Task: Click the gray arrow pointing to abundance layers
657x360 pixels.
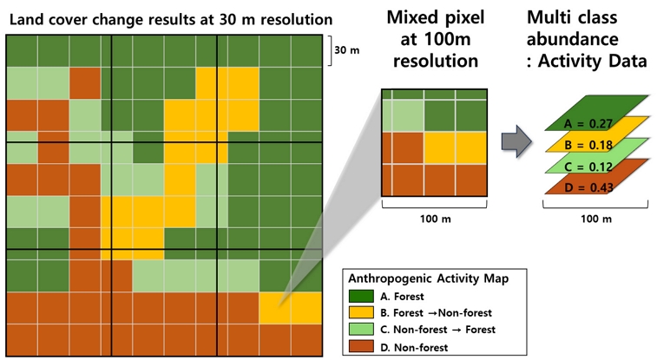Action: [516, 141]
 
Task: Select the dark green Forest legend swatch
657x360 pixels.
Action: [361, 297]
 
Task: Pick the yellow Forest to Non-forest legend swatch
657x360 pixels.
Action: [361, 312]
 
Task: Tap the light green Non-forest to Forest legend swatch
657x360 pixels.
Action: [361, 330]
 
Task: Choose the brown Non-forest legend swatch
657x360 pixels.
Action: [361, 346]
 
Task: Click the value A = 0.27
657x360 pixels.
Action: [588, 123]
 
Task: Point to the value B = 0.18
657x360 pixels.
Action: [588, 145]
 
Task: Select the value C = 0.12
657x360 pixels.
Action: [588, 167]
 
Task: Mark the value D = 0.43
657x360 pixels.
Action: [588, 187]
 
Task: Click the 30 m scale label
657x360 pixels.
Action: [347, 50]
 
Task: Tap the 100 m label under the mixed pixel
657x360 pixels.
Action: [436, 219]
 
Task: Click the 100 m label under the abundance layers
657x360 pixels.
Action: [596, 219]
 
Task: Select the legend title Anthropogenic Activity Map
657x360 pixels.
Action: [428, 278]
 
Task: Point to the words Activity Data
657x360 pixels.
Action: [593, 61]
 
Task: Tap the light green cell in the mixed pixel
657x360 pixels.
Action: [403, 115]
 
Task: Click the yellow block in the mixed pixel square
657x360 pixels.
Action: [456, 147]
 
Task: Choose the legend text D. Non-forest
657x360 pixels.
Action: [414, 347]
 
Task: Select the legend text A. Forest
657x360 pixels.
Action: [402, 297]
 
